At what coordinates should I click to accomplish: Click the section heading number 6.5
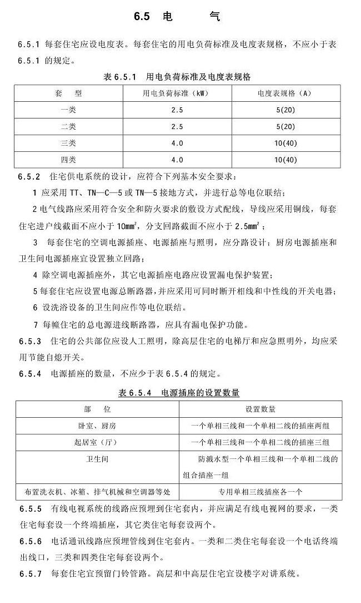click(x=142, y=17)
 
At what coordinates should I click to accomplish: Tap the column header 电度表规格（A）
click(x=285, y=93)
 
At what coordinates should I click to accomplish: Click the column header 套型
click(x=68, y=93)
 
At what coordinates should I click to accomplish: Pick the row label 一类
click(x=68, y=110)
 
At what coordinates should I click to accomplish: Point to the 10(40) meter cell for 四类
click(x=285, y=160)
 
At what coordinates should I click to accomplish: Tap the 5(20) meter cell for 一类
click(x=285, y=110)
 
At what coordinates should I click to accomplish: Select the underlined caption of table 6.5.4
click(x=179, y=393)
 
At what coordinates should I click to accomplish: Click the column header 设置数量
click(x=260, y=409)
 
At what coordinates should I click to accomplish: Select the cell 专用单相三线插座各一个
click(x=260, y=492)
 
